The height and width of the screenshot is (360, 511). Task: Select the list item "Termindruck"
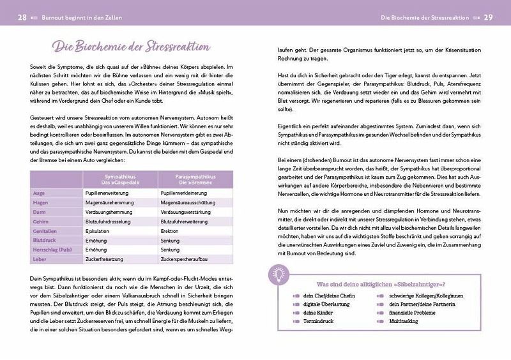[x=319, y=322]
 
